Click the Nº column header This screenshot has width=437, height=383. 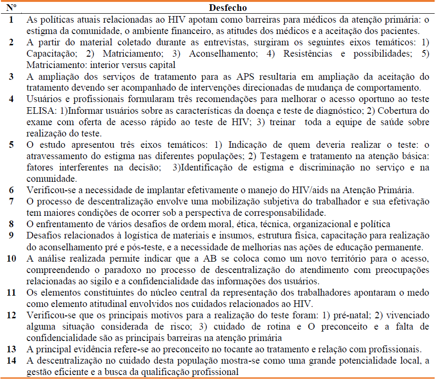coord(13,8)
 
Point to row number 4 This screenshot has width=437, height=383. coord(11,100)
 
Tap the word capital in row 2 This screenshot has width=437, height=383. coord(163,65)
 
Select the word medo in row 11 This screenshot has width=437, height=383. coord(418,292)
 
